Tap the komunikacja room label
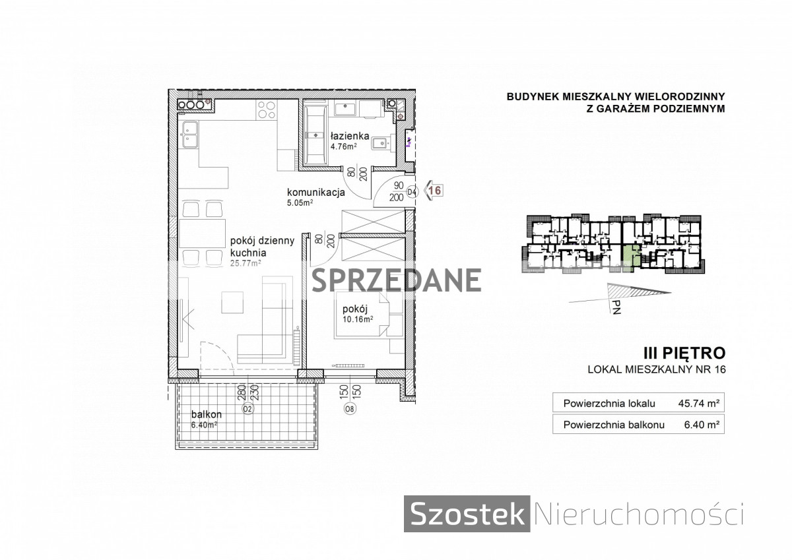coord(315,193)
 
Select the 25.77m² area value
coord(246,263)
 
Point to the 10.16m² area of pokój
coord(358,319)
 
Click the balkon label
coord(207,414)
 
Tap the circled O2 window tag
coord(248,409)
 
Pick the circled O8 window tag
coord(350,409)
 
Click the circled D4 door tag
coord(412,192)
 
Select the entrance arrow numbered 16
coord(433,191)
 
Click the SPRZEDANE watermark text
coord(397,280)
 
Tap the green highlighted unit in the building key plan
coord(630,258)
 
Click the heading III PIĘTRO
coord(684,353)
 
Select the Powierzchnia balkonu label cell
coord(614,425)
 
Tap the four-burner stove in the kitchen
coord(267,109)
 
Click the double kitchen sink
coord(190,135)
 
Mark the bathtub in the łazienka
coord(316,135)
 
